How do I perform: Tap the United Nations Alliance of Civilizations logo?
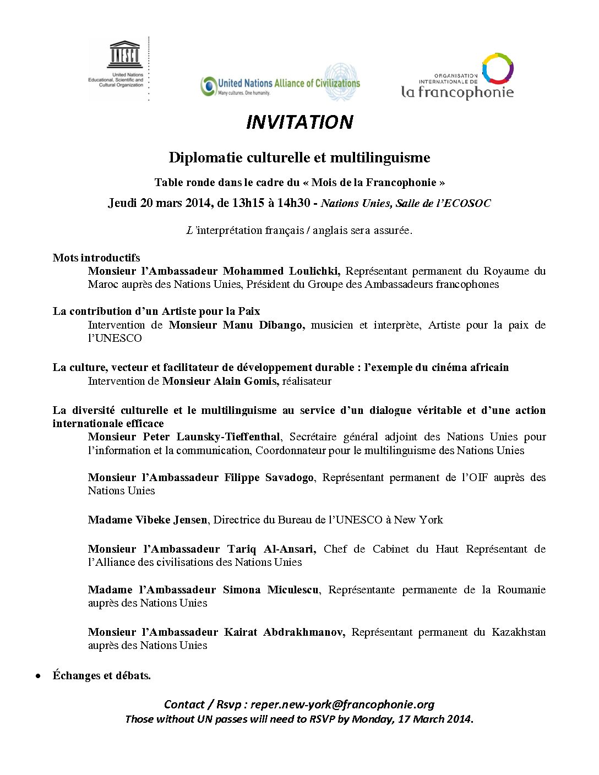(x=280, y=84)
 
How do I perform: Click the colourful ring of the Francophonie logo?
(x=498, y=68)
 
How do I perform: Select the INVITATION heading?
(x=299, y=122)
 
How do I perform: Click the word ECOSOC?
(x=466, y=203)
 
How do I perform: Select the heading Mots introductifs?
(x=96, y=258)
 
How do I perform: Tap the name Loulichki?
(x=313, y=271)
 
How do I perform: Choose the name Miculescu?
(x=293, y=590)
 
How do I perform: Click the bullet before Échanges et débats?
(x=38, y=676)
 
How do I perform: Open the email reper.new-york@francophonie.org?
(x=342, y=705)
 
